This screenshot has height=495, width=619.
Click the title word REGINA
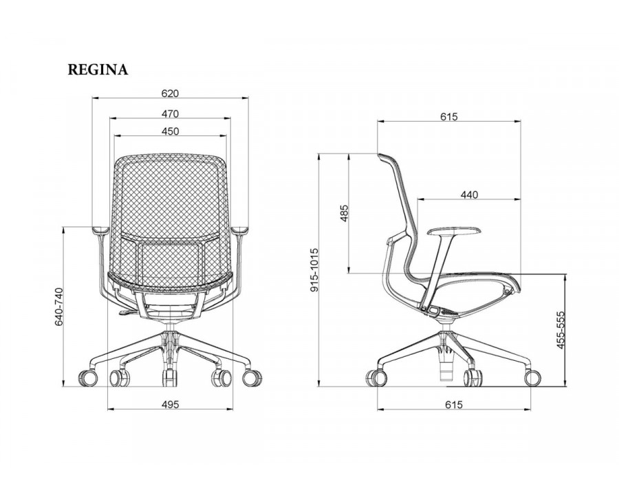tap(98, 69)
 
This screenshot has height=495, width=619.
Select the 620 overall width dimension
tap(170, 93)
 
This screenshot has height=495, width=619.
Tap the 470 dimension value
tap(170, 114)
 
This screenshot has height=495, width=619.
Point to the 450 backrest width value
tap(170, 131)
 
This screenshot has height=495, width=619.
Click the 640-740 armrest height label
tap(58, 307)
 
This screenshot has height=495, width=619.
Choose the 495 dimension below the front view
tap(170, 405)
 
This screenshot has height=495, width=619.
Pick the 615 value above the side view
tap(449, 117)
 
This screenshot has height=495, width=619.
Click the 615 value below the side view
tap(454, 405)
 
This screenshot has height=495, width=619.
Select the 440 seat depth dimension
tap(469, 195)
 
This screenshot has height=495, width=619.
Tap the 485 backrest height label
tap(344, 213)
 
